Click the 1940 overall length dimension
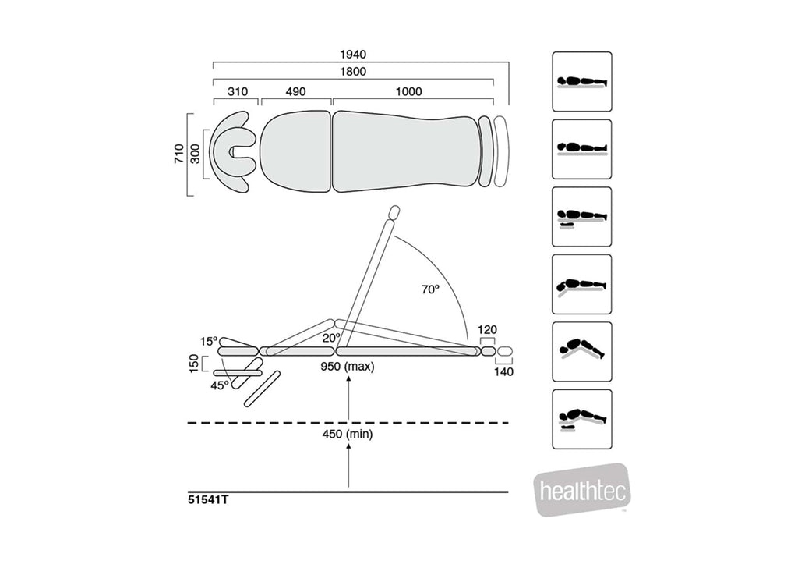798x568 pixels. (353, 55)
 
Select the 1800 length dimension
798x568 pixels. (353, 72)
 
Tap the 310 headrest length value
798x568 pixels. (238, 91)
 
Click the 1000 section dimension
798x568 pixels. (408, 91)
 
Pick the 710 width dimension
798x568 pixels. (179, 152)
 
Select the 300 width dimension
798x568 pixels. (196, 154)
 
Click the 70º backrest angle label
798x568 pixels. (430, 289)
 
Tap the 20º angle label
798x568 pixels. (332, 338)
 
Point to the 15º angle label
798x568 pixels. (209, 341)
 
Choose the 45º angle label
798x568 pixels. (221, 385)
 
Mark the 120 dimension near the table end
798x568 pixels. (489, 330)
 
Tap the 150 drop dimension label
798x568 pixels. (194, 364)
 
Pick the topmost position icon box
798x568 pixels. (581, 81)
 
